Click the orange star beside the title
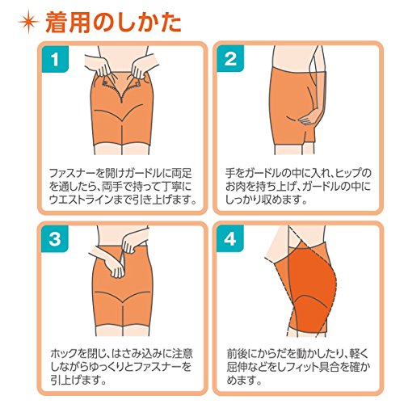click(x=28, y=22)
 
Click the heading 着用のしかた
click(x=113, y=23)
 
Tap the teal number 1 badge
click(x=55, y=59)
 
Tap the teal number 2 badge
click(x=230, y=58)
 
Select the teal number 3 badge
click(x=55, y=238)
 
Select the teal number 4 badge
click(x=230, y=238)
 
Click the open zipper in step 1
click(x=122, y=87)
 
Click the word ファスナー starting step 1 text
click(x=74, y=173)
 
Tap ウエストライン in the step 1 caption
click(x=81, y=200)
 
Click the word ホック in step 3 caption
click(x=64, y=353)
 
